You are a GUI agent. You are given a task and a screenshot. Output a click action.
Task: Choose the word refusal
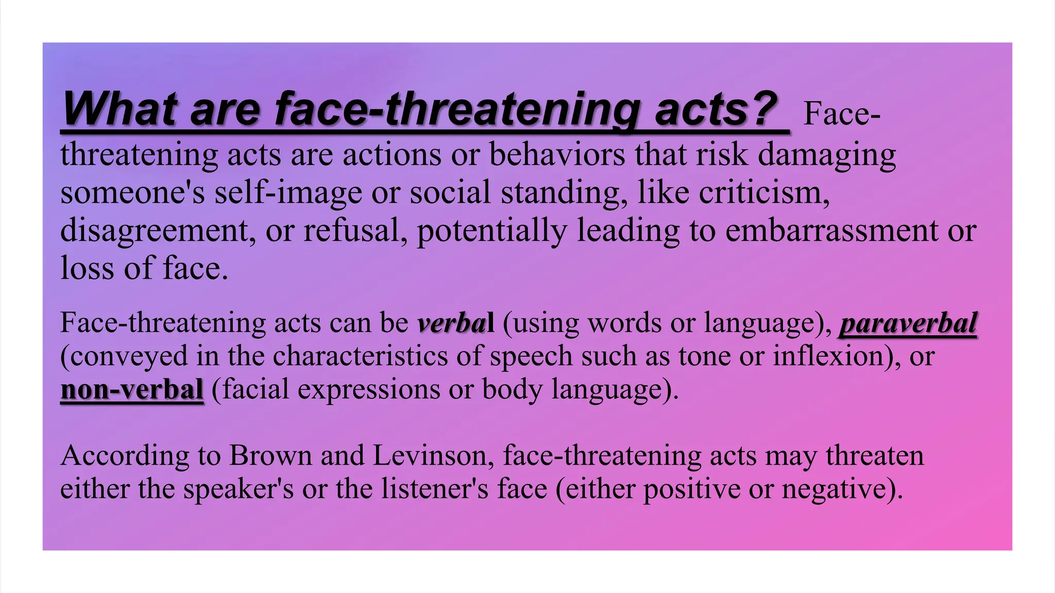[354, 230]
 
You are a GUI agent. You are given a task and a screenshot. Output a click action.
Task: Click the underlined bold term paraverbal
[908, 323]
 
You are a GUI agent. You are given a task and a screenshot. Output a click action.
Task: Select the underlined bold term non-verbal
[132, 389]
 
